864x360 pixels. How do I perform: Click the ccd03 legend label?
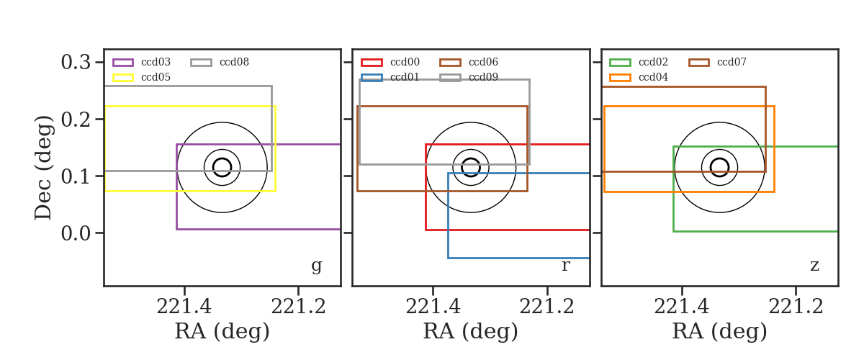[156, 62]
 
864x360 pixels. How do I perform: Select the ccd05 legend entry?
[156, 77]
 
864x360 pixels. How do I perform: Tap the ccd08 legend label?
[234, 62]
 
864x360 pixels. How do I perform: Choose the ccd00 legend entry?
[405, 62]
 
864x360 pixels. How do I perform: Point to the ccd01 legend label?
[405, 77]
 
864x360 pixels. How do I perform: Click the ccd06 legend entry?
[483, 62]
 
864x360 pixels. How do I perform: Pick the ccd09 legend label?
[483, 77]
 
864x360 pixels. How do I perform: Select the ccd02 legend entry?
[653, 62]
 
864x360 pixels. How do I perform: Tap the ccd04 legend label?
[653, 77]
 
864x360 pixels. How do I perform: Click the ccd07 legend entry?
[732, 62]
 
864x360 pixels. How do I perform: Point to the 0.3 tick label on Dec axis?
[76, 62]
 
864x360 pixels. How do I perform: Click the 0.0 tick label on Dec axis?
[76, 233]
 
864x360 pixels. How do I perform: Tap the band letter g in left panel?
[316, 266]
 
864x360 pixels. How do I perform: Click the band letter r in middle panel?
[565, 265]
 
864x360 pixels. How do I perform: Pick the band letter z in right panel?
[814, 266]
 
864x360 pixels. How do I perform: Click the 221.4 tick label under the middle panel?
[433, 307]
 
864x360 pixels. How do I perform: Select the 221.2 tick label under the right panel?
[796, 307]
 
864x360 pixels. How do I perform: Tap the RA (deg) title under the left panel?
[222, 331]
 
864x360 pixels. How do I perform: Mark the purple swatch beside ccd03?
[123, 63]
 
